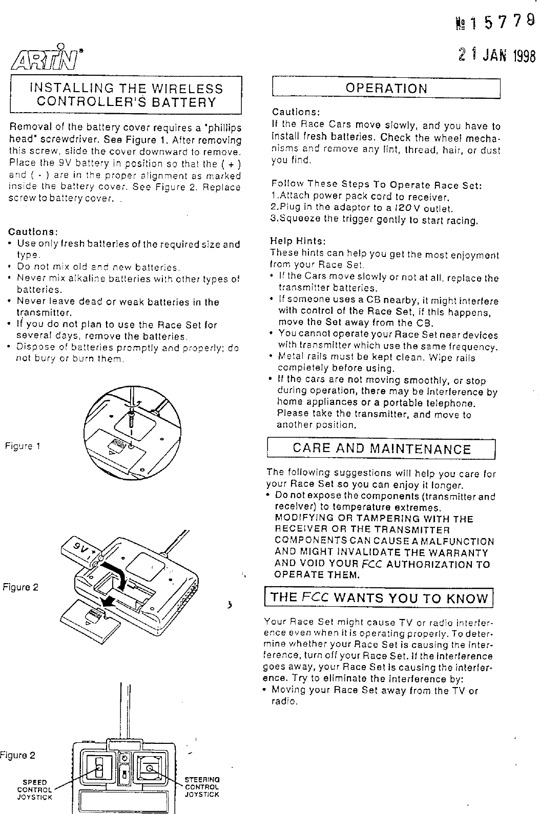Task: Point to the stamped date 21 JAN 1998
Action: coord(496,55)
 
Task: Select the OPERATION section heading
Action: coord(386,88)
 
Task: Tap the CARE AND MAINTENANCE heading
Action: coord(381,449)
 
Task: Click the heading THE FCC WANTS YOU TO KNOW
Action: coord(379,598)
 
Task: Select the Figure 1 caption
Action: coord(23,445)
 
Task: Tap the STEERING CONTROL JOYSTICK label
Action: coord(202,787)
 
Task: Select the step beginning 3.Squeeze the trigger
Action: coord(374,221)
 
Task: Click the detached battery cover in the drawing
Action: coord(91,621)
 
